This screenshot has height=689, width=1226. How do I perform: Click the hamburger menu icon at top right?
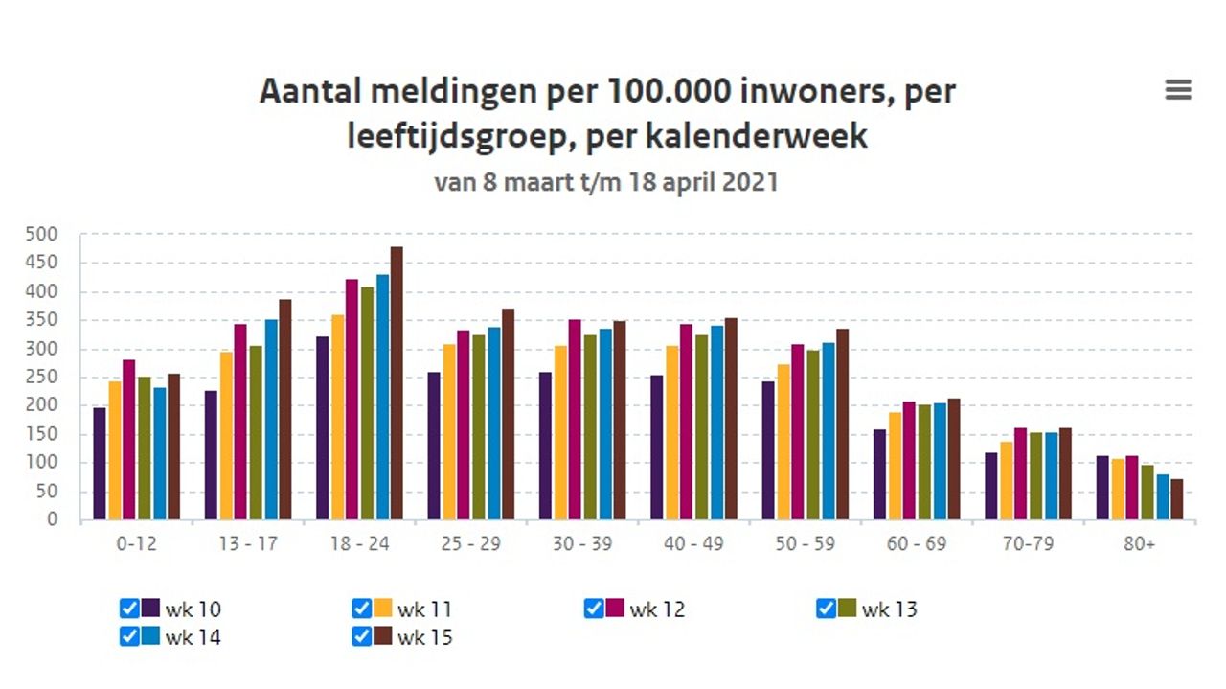click(x=1177, y=90)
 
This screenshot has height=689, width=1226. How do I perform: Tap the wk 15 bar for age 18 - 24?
click(x=397, y=383)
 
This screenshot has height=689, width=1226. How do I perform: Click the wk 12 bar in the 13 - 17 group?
click(x=240, y=422)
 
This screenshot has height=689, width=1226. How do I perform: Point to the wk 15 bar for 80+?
click(x=1176, y=499)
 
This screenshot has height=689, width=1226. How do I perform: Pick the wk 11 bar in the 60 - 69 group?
click(x=895, y=466)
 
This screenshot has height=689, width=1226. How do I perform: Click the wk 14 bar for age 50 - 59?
click(x=828, y=431)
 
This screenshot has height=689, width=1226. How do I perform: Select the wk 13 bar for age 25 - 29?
click(x=479, y=426)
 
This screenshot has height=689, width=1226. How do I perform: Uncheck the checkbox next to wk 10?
click(x=129, y=609)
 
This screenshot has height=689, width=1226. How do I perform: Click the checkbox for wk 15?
click(x=361, y=636)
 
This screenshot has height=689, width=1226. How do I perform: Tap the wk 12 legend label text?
click(x=657, y=609)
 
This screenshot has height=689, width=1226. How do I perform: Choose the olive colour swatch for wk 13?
click(x=847, y=609)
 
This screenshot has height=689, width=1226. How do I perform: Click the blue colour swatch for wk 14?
click(x=150, y=636)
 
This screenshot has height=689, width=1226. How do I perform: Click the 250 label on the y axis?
click(x=68, y=378)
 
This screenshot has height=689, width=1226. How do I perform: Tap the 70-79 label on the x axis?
click(x=1028, y=544)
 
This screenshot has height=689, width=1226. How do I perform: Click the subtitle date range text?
click(x=605, y=182)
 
